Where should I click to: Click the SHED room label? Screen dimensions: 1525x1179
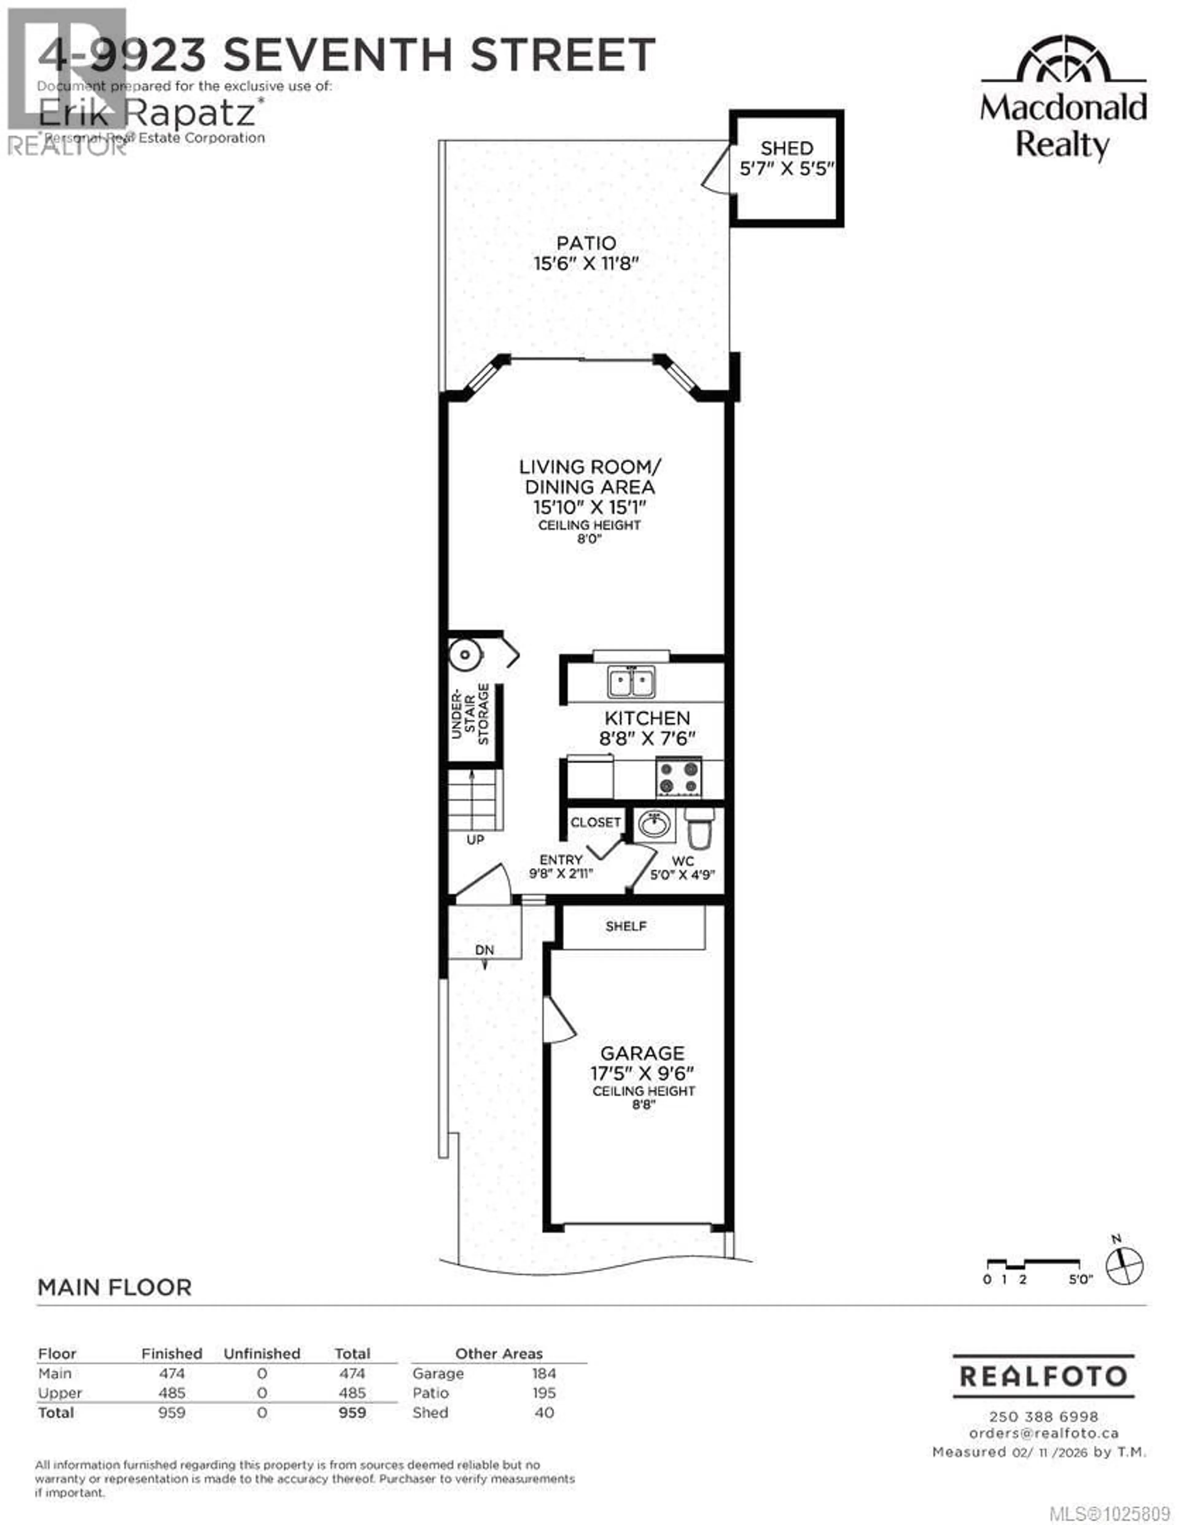click(x=787, y=148)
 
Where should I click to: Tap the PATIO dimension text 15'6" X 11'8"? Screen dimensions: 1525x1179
click(x=587, y=264)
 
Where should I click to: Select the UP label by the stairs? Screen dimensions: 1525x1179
click(x=475, y=839)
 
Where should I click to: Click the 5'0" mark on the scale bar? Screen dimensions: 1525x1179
click(x=1080, y=1279)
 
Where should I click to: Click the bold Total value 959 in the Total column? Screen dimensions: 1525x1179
click(x=352, y=1413)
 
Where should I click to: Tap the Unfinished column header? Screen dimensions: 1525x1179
click(x=262, y=1353)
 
